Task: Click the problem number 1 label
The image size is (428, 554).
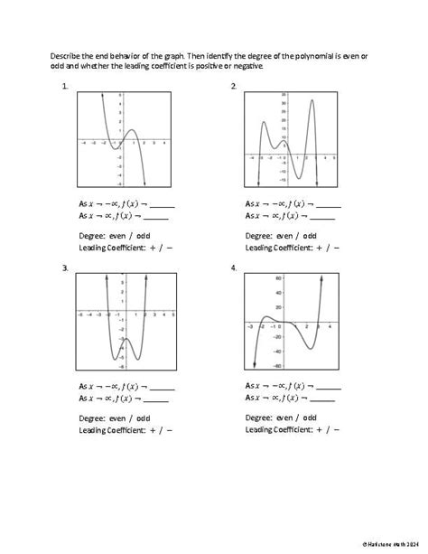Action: click(x=66, y=86)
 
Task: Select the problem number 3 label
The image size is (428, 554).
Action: click(x=65, y=268)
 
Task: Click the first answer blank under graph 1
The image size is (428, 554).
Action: click(x=162, y=205)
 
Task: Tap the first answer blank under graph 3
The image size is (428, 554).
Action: click(x=162, y=387)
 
